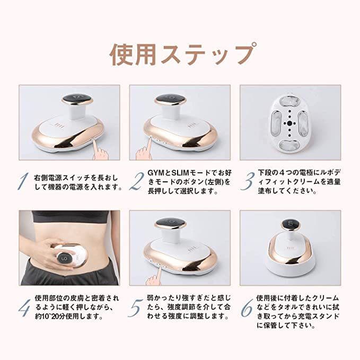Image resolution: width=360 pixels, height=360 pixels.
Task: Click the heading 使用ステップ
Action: pos(180,54)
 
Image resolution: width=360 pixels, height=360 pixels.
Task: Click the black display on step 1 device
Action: pos(76,99)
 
